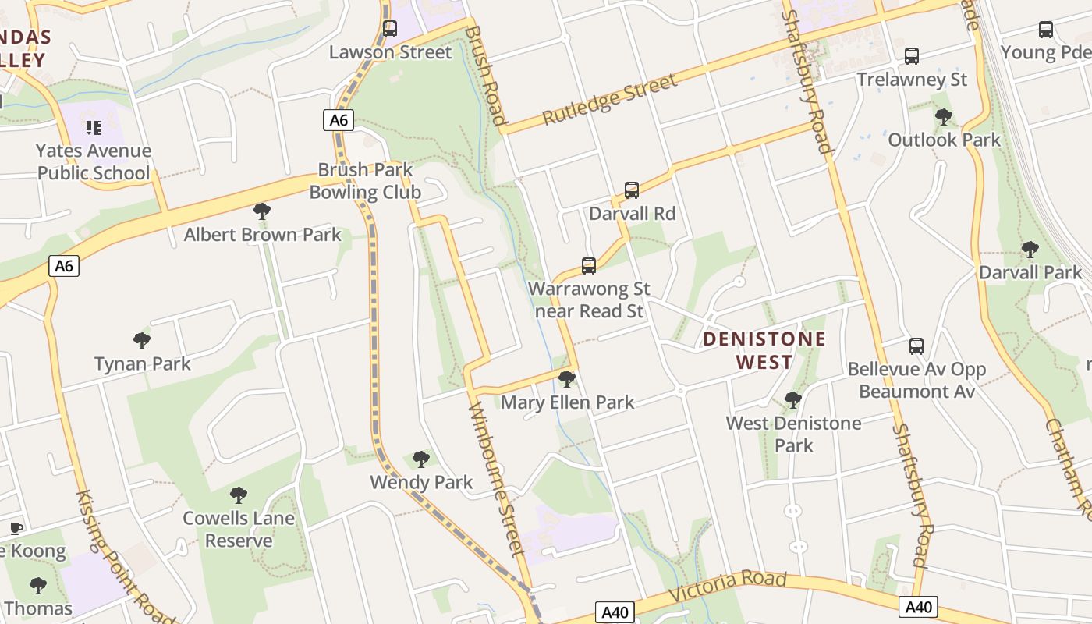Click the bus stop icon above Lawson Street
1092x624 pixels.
tap(390, 30)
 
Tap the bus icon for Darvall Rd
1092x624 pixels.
tap(632, 190)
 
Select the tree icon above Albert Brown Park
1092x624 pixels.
tap(262, 211)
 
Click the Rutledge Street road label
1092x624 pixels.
tap(609, 101)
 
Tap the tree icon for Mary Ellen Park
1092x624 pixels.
tap(567, 380)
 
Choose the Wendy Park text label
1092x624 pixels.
tap(421, 482)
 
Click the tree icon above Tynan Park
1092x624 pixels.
tap(141, 341)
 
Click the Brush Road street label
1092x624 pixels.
tap(485, 75)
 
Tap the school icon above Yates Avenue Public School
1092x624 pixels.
tap(94, 128)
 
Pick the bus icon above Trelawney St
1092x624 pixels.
tap(911, 56)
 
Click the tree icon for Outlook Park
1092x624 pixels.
tap(944, 118)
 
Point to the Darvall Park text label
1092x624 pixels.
tap(1030, 272)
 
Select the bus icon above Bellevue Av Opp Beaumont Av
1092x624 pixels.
tap(916, 346)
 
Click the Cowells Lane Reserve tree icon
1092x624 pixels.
tap(239, 495)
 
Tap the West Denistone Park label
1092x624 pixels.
tap(793, 434)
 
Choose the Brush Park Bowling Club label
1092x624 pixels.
tap(365, 181)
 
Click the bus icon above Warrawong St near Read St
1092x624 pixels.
tap(589, 266)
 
